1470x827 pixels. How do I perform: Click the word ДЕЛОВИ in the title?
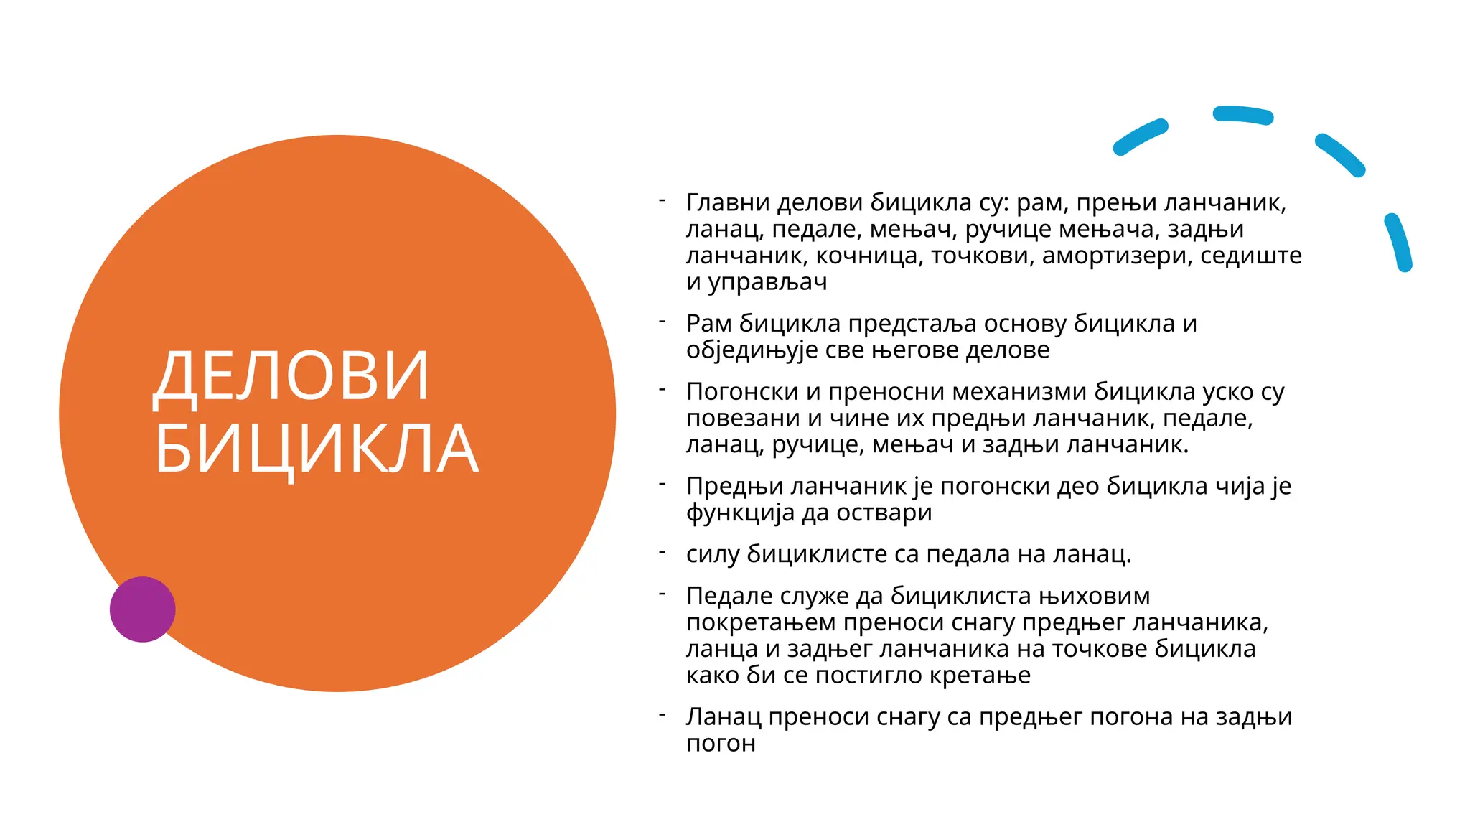coord(291,376)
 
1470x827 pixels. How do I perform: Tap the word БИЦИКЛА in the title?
coord(316,449)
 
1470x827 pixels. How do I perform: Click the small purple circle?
coord(142,609)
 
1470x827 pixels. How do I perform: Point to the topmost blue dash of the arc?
coord(1242,116)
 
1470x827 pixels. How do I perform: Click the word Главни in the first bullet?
coord(728,203)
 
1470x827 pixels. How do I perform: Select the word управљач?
coord(767,282)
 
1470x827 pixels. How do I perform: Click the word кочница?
coord(868,256)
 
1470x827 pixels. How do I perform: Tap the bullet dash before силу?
coord(663,552)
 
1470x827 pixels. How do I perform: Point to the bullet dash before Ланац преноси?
coord(663,715)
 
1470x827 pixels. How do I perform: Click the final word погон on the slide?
coord(721,744)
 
